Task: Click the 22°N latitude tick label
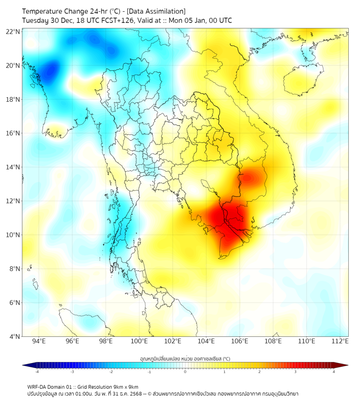click(13, 31)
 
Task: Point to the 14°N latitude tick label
click(13, 167)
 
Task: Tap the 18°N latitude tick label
click(13, 100)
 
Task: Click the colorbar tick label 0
click(185, 372)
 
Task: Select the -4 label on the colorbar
click(36, 372)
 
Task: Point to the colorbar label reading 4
click(334, 372)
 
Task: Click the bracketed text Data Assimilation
click(156, 11)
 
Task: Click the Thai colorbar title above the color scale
click(185, 358)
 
